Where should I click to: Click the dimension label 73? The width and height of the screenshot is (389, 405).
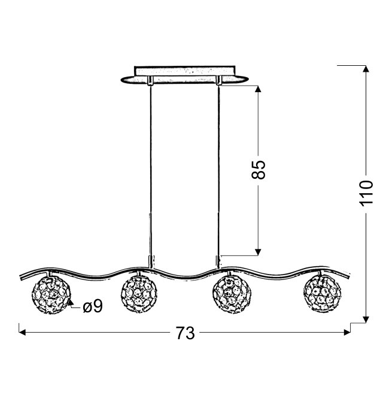click(x=185, y=333)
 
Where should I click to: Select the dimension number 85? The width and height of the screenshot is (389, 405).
click(x=258, y=170)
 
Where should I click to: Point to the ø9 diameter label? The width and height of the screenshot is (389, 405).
click(x=93, y=306)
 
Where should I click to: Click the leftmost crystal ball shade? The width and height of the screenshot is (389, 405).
click(x=51, y=294)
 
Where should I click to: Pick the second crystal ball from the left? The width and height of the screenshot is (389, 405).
click(x=139, y=294)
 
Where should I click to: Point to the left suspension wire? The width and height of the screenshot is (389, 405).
click(x=150, y=170)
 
